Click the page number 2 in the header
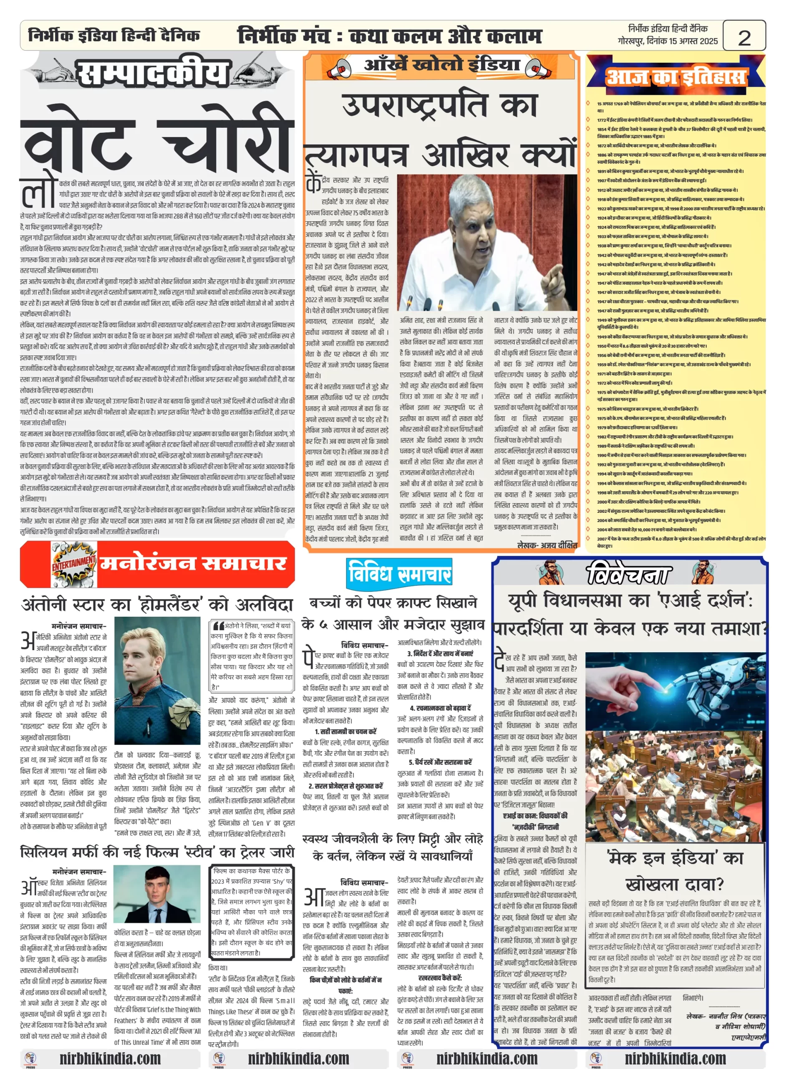coord(744,37)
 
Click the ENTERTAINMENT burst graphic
coord(73,564)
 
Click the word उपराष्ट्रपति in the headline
coord(414,105)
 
